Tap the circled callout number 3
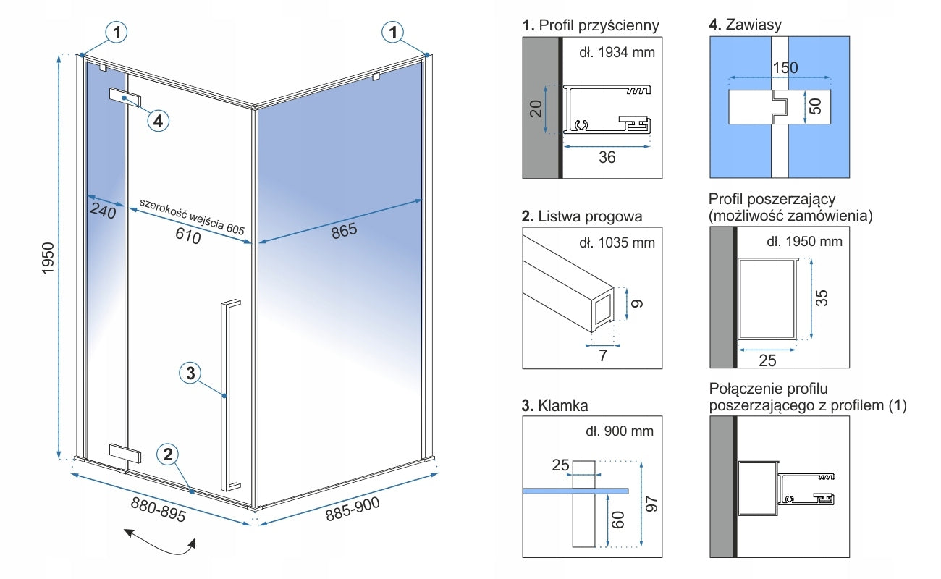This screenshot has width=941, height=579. tap(190, 373)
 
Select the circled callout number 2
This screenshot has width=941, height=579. tap(168, 455)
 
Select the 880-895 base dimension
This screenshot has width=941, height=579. tap(159, 510)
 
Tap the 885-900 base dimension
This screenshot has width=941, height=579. tap(353, 512)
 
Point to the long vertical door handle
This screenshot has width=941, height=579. tap(231, 394)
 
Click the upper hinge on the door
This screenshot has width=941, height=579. tap(125, 97)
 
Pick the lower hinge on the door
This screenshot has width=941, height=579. tap(125, 453)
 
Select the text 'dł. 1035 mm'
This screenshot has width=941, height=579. tap(621, 242)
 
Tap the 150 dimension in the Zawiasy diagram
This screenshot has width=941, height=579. tap(785, 68)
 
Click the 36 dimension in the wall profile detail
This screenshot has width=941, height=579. tap(607, 156)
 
